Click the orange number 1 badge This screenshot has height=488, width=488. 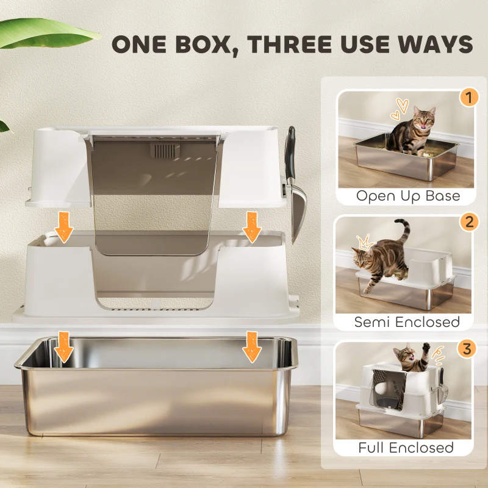tap(468, 98)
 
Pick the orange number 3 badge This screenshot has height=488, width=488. tap(468, 349)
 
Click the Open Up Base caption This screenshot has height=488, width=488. tap(407, 196)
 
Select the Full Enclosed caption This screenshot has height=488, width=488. tap(406, 447)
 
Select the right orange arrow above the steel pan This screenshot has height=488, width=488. tap(252, 348)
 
